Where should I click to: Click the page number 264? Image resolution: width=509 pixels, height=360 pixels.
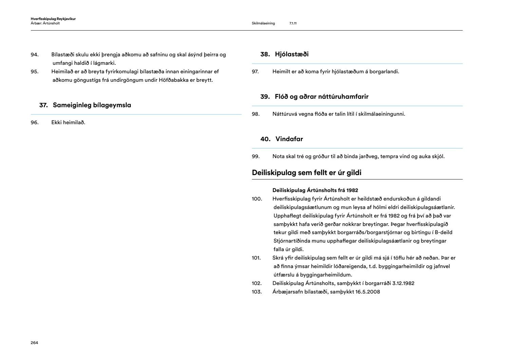click(34, 343)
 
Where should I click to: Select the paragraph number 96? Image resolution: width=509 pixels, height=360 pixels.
click(34, 122)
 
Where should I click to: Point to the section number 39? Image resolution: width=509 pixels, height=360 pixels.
click(265, 97)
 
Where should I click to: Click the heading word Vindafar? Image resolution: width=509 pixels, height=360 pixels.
click(289, 139)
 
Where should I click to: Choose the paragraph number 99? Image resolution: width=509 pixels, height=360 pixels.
click(256, 156)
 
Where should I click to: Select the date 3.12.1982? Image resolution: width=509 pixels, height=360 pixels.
click(403, 283)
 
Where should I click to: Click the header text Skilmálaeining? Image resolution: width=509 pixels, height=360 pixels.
click(263, 23)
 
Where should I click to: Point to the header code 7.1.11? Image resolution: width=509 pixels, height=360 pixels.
click(293, 23)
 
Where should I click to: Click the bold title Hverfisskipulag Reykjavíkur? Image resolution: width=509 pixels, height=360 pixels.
click(53, 19)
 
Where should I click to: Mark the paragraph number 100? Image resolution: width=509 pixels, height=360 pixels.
click(257, 199)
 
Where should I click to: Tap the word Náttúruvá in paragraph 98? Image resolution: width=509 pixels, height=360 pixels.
click(285, 114)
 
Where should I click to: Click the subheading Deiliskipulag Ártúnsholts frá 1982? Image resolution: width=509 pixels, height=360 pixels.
click(315, 190)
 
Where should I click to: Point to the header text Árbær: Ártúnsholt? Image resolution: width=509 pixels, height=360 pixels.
click(45, 23)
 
